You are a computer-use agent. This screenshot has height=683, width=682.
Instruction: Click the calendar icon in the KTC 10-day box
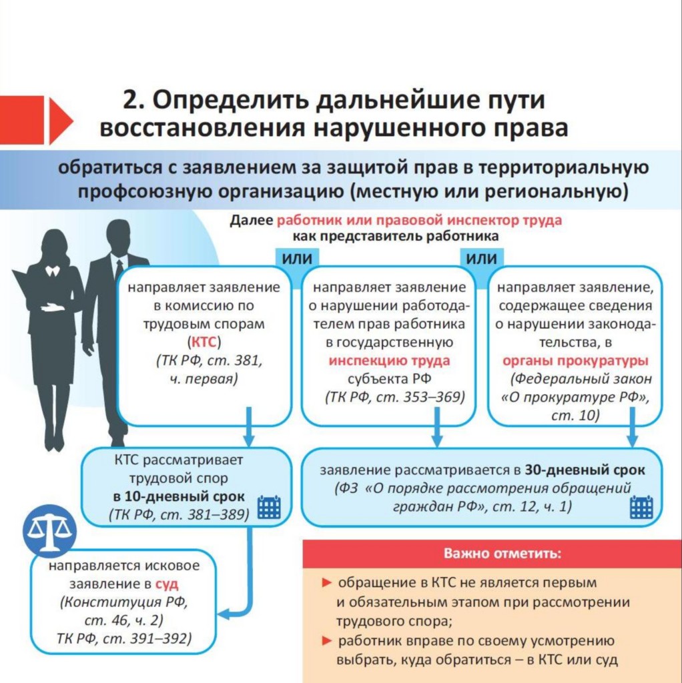coord(269,507)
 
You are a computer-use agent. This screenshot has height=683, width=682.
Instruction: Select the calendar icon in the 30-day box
coord(641,507)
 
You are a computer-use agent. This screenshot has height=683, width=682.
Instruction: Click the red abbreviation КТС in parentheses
coord(204,342)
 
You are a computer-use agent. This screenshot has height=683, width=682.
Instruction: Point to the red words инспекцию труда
coord(389,361)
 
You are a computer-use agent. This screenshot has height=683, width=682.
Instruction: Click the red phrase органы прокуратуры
coord(575,361)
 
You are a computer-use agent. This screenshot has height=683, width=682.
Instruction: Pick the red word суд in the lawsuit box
coord(167,584)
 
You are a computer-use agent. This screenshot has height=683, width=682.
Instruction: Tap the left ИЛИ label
coord(297,259)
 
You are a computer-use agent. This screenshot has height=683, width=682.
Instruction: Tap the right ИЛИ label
coord(482,259)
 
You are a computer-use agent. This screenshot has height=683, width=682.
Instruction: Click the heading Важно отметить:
coord(502,554)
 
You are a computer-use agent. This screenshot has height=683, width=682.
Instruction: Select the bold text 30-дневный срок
coord(585,470)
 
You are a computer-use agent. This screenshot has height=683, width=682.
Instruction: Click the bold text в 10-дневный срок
coord(179,496)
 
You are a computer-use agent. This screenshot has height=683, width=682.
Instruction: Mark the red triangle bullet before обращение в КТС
coord(327,582)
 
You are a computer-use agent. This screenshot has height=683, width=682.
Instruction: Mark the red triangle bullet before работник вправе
coord(327,641)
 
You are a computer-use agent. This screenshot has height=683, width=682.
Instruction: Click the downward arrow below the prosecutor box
coord(633,426)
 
